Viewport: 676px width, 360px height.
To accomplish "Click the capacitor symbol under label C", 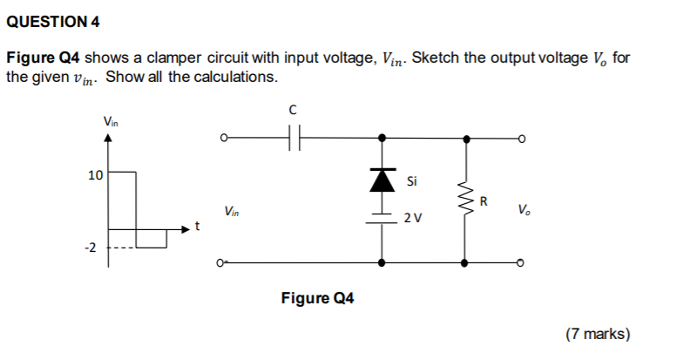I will point(294,138).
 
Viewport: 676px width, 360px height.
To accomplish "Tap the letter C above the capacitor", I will point(294,111).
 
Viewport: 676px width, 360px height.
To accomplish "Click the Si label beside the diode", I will point(413,182).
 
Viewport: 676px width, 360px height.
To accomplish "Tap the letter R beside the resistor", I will point(485,202).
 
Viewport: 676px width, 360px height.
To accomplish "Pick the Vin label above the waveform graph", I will point(111,122).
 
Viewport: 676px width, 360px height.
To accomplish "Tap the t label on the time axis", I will point(197,228).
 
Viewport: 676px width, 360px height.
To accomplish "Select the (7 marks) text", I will point(598,333).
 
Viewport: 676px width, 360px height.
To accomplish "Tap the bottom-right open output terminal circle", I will point(521,262).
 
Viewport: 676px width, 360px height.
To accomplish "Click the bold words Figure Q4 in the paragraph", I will point(44,58).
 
